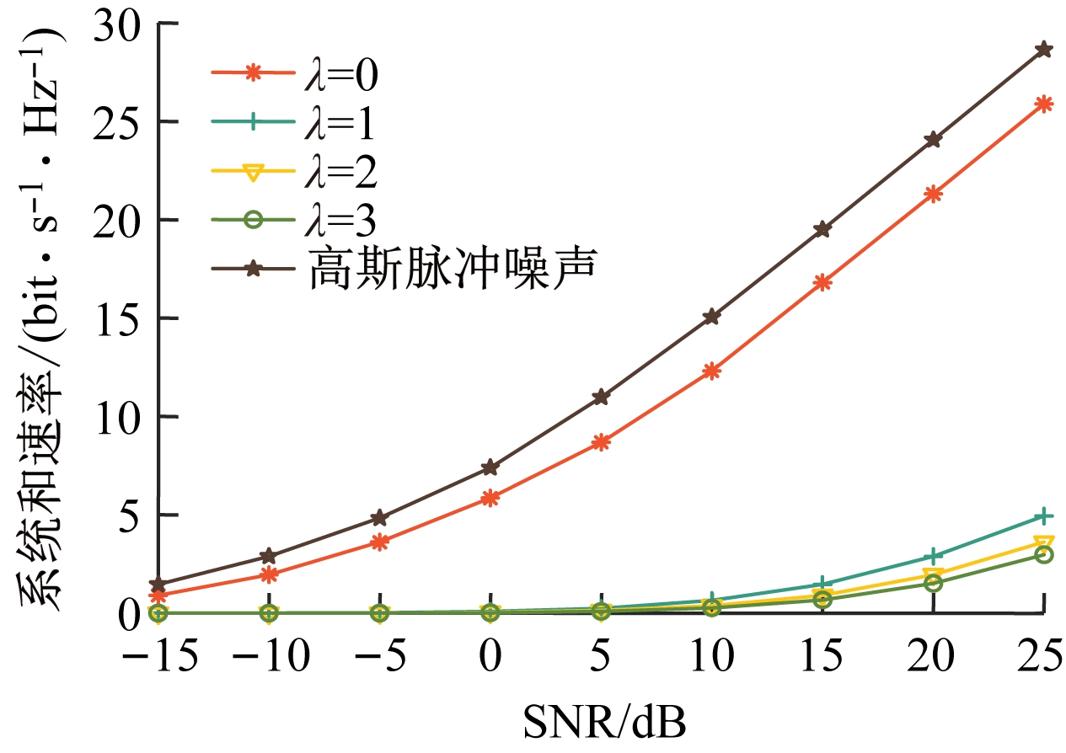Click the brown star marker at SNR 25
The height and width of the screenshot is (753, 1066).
[1043, 49]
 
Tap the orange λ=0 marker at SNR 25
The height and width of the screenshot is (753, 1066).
[1043, 104]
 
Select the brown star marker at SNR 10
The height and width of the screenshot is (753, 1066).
[712, 317]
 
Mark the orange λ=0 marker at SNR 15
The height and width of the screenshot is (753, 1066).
[822, 282]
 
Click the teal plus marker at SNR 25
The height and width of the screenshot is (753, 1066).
[1043, 515]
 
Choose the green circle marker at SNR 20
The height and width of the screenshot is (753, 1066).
[933, 582]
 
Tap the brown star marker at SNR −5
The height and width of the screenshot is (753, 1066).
[380, 517]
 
